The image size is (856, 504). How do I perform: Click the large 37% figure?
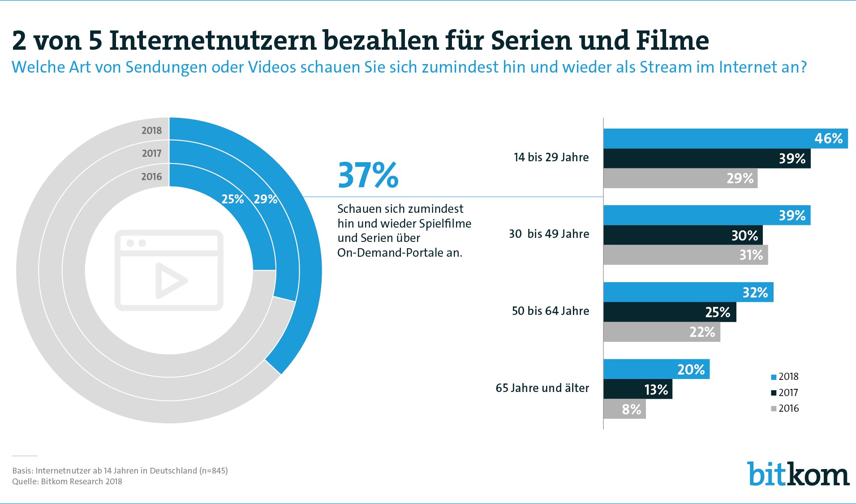coord(368,175)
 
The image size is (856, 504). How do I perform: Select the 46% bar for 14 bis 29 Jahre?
coord(725,138)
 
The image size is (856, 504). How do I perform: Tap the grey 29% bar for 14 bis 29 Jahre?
coord(680,178)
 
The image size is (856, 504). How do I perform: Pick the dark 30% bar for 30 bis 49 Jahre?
coord(683,235)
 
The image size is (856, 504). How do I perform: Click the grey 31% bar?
coord(685,255)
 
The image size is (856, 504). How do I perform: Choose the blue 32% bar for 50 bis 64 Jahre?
coord(688,293)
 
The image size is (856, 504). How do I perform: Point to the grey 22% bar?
coord(662,332)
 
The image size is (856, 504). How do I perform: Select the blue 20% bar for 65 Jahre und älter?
coord(656,370)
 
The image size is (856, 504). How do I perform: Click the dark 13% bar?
coord(638,389)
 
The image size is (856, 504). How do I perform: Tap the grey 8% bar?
coord(624,409)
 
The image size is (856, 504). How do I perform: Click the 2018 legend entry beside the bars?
coord(785,377)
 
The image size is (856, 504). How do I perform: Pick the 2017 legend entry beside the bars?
coord(785,393)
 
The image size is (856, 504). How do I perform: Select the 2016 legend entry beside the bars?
coord(785,409)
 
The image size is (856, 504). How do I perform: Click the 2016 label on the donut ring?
coord(151,177)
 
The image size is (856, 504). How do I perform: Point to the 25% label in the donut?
coord(232,199)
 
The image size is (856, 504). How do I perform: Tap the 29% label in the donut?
coord(265,199)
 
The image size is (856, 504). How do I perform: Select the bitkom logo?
coord(798,474)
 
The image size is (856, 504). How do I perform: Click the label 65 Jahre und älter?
coord(542,388)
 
